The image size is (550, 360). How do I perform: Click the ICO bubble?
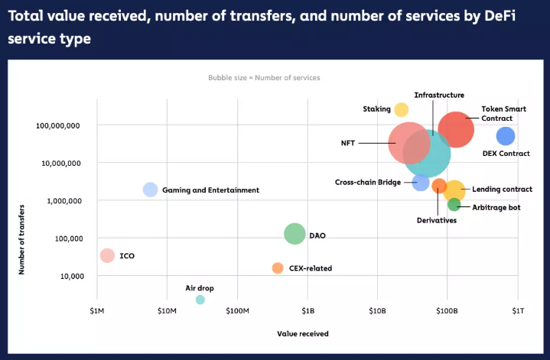point(108,255)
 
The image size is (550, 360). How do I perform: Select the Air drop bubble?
point(200,300)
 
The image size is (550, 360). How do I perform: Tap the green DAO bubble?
point(295,234)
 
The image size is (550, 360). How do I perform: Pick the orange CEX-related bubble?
point(278,268)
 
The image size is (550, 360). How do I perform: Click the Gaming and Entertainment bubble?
point(151,190)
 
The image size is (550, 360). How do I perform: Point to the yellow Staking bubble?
point(402,110)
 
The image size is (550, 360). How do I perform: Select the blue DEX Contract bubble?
point(506,136)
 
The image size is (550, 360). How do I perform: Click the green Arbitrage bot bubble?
point(454,204)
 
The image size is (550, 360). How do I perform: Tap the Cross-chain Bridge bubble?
point(421,182)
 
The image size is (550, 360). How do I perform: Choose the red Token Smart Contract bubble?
point(457,129)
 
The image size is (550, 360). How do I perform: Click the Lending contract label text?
point(502,190)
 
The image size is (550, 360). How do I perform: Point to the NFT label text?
point(348,143)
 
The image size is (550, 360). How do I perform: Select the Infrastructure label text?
point(439,95)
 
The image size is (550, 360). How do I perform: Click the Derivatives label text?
point(437,220)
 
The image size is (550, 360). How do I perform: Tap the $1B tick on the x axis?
point(308,311)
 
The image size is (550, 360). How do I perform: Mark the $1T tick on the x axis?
point(518,311)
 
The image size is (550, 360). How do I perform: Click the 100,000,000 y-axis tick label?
point(58,125)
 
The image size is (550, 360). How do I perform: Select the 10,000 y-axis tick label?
point(70,276)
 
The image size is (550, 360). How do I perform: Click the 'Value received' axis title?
point(303,334)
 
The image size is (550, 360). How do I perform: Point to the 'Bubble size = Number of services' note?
point(264,78)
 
